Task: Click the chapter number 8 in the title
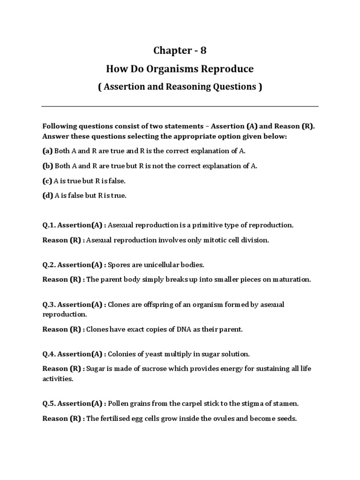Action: click(x=203, y=51)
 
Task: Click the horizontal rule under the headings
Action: click(x=180, y=106)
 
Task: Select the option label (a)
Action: click(x=47, y=151)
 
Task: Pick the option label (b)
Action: click(x=47, y=166)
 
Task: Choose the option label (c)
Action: click(x=47, y=181)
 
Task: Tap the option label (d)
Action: click(x=47, y=196)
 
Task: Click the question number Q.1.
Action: click(x=49, y=225)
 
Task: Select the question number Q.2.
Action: click(x=49, y=265)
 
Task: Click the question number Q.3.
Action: click(x=49, y=305)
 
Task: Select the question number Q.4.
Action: click(x=49, y=354)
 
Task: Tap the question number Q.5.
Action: click(x=49, y=404)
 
